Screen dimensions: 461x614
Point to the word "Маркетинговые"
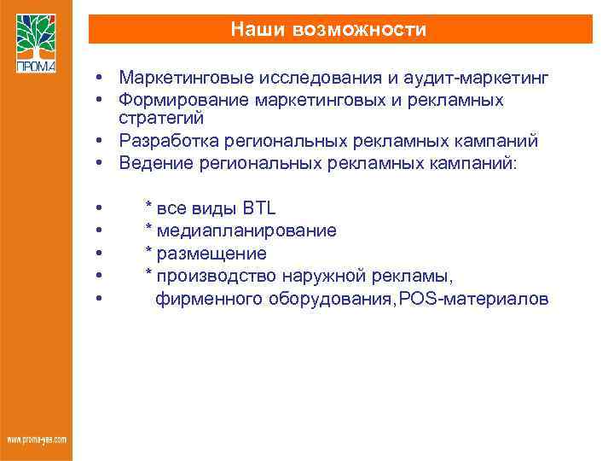tap(178, 79)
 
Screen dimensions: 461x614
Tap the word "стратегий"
tap(161, 117)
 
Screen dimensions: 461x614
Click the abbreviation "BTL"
tap(259, 208)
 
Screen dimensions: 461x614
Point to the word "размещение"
tap(211, 254)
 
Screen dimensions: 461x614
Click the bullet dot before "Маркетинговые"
tap(100, 79)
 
